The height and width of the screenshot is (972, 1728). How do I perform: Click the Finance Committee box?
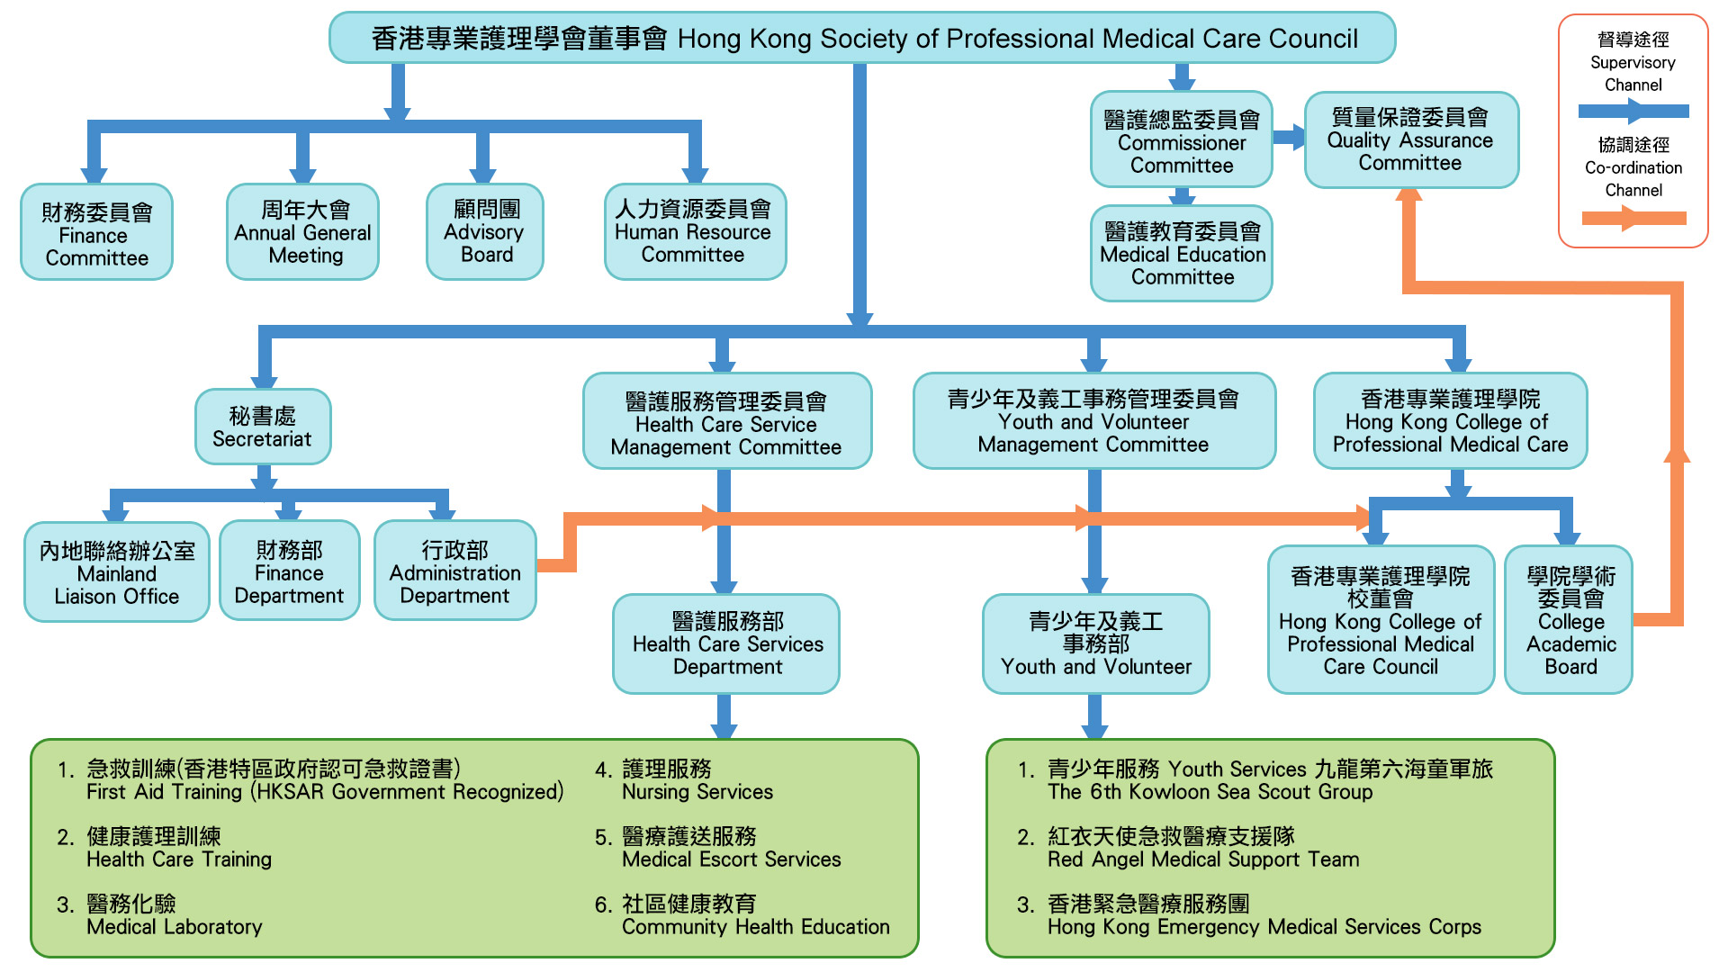tap(96, 233)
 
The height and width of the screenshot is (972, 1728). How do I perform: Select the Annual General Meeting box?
tap(302, 232)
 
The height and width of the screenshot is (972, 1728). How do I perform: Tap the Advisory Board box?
tap(485, 232)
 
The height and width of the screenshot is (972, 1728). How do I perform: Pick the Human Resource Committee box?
tap(695, 232)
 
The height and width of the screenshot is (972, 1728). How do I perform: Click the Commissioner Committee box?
tap(1181, 140)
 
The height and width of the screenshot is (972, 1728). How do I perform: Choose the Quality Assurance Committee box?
tap(1410, 140)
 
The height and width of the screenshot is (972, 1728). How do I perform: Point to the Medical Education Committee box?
tap(1181, 254)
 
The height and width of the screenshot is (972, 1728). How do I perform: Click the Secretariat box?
tap(263, 427)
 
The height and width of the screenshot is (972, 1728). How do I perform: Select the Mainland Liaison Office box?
tap(117, 572)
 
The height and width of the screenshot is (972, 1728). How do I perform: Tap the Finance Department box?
tap(289, 571)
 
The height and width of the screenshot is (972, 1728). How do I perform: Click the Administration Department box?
tap(454, 571)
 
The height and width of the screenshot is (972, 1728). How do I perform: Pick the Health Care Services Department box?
tap(726, 643)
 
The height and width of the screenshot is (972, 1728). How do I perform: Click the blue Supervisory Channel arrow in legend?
tap(1633, 112)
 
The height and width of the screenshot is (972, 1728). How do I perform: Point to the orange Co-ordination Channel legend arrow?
tap(1633, 218)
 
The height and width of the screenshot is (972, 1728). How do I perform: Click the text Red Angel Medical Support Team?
tap(1202, 859)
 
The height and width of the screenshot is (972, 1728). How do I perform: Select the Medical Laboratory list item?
tap(174, 926)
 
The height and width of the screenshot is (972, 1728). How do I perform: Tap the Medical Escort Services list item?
tap(731, 859)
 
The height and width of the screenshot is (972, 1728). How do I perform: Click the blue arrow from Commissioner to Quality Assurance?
tap(1289, 138)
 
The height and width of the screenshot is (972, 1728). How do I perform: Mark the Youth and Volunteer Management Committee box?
tap(1093, 421)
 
